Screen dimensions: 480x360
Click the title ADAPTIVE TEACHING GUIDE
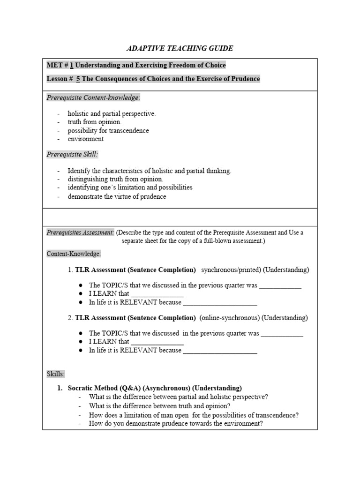180,48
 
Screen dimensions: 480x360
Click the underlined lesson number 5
78,79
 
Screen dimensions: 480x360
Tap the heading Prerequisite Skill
72,154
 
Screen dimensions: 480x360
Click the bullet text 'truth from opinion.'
94,122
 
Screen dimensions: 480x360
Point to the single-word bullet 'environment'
86,139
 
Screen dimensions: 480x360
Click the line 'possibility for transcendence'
108,130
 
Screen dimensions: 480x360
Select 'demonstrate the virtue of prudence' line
117,196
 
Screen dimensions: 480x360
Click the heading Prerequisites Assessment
80,232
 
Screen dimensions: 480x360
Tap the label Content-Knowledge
74,254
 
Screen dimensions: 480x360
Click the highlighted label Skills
56,374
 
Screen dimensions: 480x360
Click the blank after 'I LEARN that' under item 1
157,294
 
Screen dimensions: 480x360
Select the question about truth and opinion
166,406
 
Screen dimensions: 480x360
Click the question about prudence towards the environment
176,424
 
